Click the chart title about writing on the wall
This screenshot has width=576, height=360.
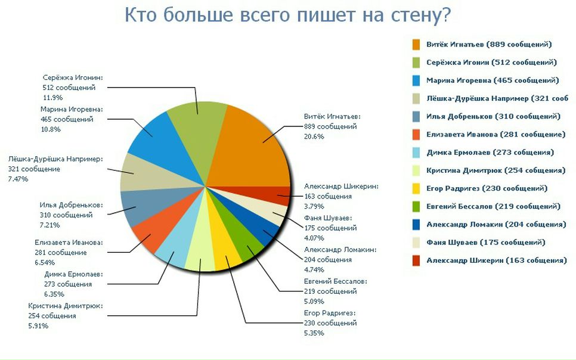(x=287, y=15)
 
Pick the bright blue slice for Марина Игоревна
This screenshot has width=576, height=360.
(x=162, y=143)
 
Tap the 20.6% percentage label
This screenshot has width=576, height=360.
(x=314, y=136)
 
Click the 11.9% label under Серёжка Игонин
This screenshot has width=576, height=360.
(x=53, y=98)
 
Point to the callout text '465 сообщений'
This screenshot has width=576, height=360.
(x=67, y=119)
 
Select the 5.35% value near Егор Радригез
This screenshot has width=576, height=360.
(x=314, y=333)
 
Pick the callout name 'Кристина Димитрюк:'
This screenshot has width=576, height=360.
(x=66, y=306)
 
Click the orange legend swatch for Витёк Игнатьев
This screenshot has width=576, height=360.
(x=416, y=45)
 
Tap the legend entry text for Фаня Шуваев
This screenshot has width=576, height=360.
(x=485, y=243)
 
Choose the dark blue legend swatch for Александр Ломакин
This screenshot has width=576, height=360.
(x=416, y=225)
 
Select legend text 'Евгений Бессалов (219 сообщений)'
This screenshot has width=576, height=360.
(x=493, y=206)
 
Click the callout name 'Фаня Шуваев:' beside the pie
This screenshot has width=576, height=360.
(x=328, y=218)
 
